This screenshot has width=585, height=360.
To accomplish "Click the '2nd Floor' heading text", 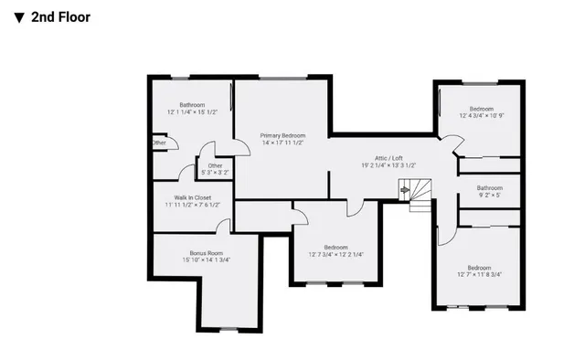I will click(61, 16).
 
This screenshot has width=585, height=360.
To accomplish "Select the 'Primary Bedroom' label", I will click(282, 134).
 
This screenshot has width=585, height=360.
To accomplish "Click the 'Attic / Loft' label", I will click(388, 157).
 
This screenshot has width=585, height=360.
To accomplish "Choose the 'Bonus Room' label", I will click(206, 252).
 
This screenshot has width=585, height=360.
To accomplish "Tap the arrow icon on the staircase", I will click(405, 189).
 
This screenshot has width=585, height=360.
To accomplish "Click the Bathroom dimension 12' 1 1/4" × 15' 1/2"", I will click(192, 112).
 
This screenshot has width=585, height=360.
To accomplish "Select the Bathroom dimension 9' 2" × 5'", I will click(489, 195).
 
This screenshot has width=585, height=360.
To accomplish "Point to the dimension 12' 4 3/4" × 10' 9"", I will click(481, 116).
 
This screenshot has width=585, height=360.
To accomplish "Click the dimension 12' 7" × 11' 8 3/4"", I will click(480, 274).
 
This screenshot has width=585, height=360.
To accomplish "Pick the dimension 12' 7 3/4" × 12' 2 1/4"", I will click(335, 255).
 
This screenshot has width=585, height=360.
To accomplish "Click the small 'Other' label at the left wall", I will click(159, 143).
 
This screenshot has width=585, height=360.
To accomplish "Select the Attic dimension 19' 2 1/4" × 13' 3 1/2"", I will click(388, 165).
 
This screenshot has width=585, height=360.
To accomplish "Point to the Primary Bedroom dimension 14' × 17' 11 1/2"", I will click(282, 143).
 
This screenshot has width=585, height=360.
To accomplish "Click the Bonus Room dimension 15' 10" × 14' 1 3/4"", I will click(206, 260).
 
